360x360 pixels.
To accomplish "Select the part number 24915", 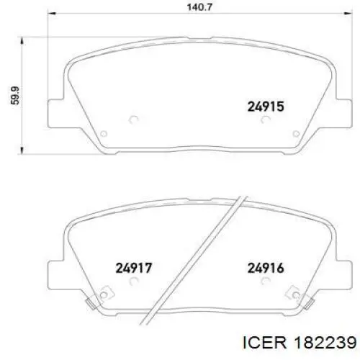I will [x=266, y=106].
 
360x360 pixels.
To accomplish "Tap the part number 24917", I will [x=133, y=269].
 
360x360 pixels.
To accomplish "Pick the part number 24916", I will [x=266, y=269].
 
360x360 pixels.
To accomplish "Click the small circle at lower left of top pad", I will [x=103, y=133].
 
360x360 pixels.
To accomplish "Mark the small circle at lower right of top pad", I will [x=294, y=133].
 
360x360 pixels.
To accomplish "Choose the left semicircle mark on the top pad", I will [x=132, y=121].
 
